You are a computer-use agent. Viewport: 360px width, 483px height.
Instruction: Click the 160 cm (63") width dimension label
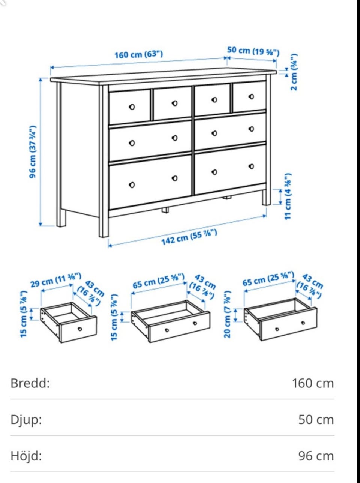[139, 54]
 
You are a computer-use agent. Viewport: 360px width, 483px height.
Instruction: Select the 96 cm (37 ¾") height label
[32, 152]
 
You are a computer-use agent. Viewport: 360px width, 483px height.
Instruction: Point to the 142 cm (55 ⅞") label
[189, 237]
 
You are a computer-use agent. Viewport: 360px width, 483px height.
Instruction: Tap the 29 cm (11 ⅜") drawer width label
[56, 280]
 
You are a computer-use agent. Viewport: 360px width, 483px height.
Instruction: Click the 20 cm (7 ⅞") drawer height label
[227, 315]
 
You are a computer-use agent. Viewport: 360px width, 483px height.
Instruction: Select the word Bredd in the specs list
[30, 383]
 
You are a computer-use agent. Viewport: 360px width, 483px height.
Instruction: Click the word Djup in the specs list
[26, 420]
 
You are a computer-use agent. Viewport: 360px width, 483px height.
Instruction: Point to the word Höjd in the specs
[26, 456]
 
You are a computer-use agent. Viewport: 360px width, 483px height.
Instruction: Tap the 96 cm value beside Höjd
[316, 456]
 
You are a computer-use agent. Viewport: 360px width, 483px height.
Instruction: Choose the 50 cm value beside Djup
[316, 420]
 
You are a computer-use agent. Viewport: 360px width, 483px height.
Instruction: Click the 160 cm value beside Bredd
[313, 383]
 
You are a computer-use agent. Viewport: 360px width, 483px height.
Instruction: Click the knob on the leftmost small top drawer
[132, 107]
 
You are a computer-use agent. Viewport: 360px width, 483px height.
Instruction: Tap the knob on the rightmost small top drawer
[251, 96]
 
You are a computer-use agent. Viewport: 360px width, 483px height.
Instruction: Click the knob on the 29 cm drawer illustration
[80, 329]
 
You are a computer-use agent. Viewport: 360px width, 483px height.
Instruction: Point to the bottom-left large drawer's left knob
[132, 185]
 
